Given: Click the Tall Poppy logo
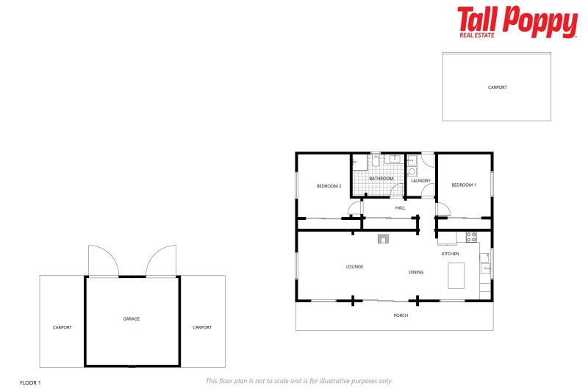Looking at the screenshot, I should (517, 21).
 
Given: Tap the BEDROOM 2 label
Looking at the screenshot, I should (329, 186).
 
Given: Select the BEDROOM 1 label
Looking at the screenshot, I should (464, 185).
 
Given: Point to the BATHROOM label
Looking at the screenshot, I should (381, 179).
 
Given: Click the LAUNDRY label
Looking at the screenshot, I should (420, 180).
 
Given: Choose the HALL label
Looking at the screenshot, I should (400, 208).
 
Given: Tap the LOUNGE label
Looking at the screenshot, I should (355, 266).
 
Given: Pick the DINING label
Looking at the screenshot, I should (416, 272).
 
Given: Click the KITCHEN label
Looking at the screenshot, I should (450, 254).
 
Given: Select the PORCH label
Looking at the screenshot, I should (401, 316).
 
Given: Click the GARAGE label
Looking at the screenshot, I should (132, 319).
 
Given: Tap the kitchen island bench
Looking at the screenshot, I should (456, 276).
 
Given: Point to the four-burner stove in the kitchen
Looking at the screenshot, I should (471, 237).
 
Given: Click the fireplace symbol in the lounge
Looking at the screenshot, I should (383, 238).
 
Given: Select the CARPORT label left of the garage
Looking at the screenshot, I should (62, 327).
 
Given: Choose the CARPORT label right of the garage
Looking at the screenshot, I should (202, 327).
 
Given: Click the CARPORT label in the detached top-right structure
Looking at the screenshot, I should (498, 88).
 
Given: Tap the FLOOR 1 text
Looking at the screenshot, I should (30, 383).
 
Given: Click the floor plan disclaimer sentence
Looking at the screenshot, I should (299, 380).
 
